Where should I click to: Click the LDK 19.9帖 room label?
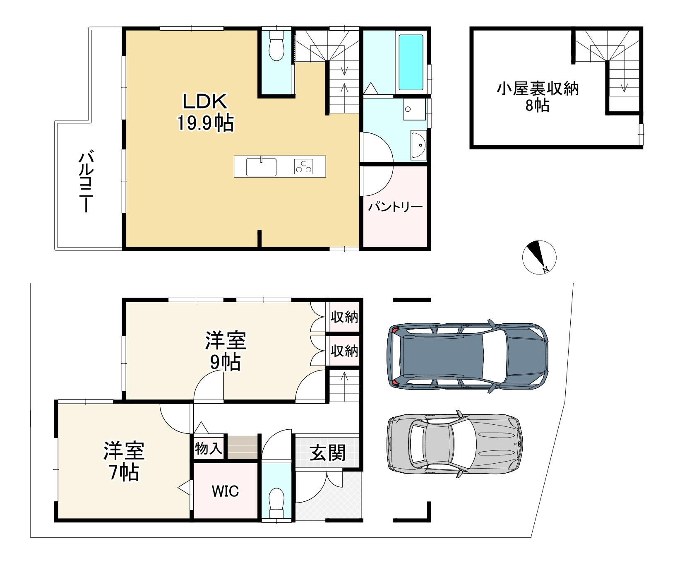[x=206, y=112]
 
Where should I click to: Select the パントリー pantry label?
[x=395, y=207]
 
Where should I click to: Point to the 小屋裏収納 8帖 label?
[x=537, y=97]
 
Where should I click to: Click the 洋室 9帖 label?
[x=226, y=351]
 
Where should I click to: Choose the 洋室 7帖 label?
[x=124, y=462]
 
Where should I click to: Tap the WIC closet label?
[x=225, y=491]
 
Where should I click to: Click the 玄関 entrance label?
[x=327, y=453]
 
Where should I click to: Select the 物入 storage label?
[x=209, y=448]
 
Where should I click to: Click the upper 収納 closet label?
[x=344, y=318]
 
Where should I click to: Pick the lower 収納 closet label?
[x=344, y=351]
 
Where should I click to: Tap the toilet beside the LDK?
[x=276, y=46]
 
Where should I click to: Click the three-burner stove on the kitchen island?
[x=304, y=166]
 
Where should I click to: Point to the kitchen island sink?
[x=261, y=167]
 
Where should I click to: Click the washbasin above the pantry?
[x=418, y=145]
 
